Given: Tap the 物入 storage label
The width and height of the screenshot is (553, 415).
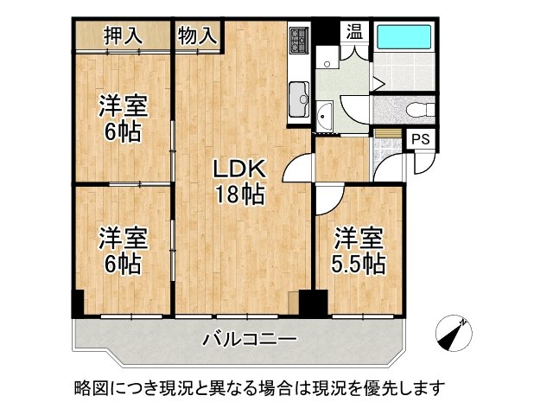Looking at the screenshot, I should [197, 35].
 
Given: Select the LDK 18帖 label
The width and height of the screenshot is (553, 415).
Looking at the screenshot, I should [239, 181].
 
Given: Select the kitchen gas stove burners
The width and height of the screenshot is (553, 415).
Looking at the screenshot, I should [300, 40].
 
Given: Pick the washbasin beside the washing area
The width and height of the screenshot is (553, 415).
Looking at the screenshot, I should [326, 116].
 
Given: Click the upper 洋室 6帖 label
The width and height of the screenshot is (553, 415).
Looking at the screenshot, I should [121, 119].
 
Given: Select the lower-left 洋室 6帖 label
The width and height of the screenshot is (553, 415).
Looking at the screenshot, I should [121, 248].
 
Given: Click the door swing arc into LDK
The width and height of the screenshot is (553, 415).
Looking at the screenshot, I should [296, 164].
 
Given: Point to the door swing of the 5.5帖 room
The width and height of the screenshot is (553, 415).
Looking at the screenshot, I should [327, 199].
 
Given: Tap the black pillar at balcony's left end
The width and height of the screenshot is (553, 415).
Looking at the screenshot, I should [77, 303].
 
